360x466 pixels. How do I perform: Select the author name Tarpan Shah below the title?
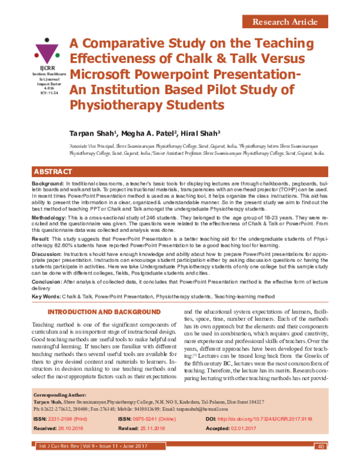tap(94, 133)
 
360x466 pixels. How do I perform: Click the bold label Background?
tap(48, 182)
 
